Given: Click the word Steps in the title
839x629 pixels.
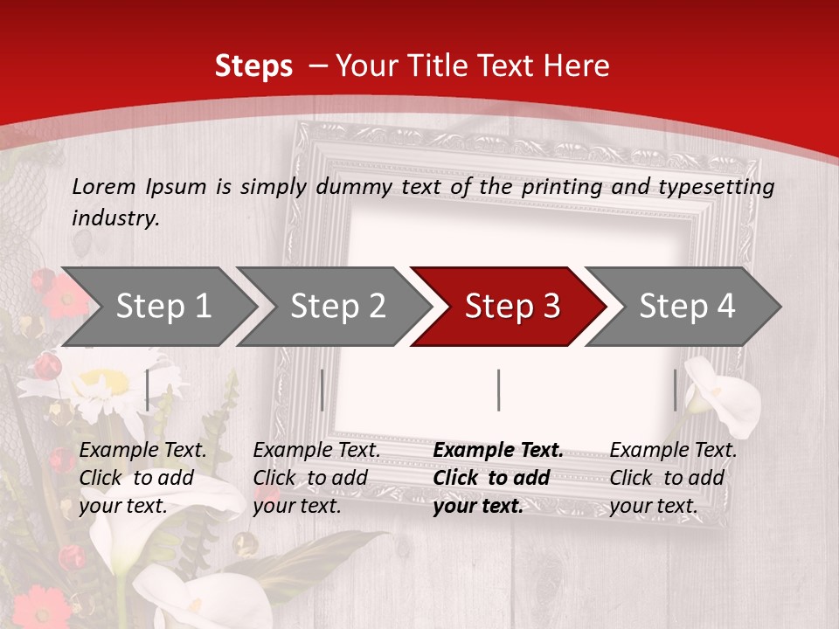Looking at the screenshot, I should click(x=253, y=66).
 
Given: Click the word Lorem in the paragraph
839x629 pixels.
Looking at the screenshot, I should click(x=103, y=186).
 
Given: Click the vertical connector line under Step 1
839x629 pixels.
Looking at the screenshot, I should click(x=147, y=390).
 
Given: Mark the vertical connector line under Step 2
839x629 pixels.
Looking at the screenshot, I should click(x=322, y=390).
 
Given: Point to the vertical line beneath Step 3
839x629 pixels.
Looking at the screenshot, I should click(x=498, y=390).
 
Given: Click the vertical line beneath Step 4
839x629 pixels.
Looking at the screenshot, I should click(x=675, y=390).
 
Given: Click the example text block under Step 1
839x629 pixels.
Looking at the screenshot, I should click(x=142, y=478).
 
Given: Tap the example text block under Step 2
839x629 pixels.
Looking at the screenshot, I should click(x=316, y=478).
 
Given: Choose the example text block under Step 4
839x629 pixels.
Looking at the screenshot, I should click(x=673, y=478).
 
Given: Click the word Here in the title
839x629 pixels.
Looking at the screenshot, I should click(x=577, y=66).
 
